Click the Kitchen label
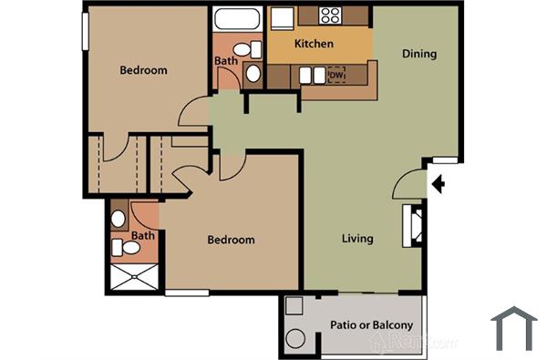pyautogui.click(x=313, y=44)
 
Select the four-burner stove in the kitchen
pyautogui.click(x=331, y=15)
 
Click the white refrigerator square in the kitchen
pyautogui.click(x=282, y=18)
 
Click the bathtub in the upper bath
pyautogui.click(x=236, y=18)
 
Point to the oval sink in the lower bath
pyautogui.click(x=119, y=219)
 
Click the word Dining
pyautogui.click(x=419, y=54)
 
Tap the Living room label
pyautogui.click(x=357, y=240)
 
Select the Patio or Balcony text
pyautogui.click(x=370, y=325)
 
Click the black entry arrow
pyautogui.click(x=438, y=185)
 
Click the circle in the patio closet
pyautogui.click(x=295, y=340)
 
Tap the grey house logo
pyautogui.click(x=514, y=329)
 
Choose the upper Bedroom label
pyautogui.click(x=144, y=70)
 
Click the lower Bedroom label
pyautogui.click(x=231, y=241)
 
